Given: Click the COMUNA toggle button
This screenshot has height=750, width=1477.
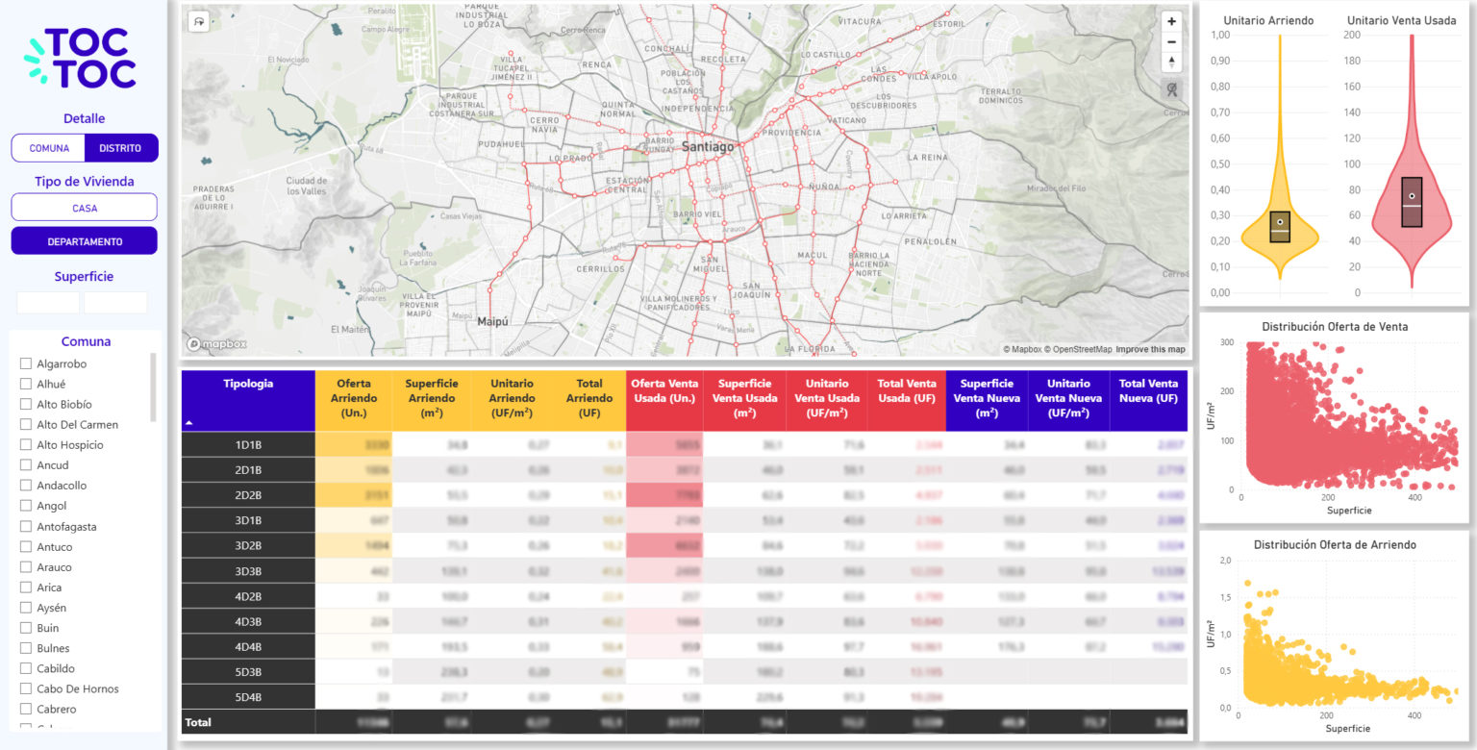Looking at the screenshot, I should coord(49,148).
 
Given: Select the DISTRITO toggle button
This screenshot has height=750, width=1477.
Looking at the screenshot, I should coord(120,148).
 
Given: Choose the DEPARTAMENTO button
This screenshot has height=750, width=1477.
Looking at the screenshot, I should coord(85,241).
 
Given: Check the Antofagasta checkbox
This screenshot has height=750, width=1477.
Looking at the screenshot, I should coord(26,527).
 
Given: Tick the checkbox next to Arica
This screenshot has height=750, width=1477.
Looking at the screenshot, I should coord(26,587).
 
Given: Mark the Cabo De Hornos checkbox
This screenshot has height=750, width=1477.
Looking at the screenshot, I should coord(26,688).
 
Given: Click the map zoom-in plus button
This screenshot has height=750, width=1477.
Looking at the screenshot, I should coord(1171,22).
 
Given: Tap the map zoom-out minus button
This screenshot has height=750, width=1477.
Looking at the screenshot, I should coord(1171,42).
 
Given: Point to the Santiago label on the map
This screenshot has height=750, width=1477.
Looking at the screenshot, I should coord(708,147).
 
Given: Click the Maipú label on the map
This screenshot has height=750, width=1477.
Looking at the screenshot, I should coord(492,322).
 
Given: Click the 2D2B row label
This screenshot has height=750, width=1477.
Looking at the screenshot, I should coord(248,495).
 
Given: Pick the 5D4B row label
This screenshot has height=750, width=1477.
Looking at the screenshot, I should coord(248,697).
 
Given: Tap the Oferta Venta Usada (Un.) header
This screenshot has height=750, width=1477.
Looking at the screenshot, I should coord(664,397).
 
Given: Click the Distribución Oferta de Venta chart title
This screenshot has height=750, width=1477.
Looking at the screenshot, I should coord(1334,327).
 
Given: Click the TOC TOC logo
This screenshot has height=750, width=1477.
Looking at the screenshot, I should coord(81,58).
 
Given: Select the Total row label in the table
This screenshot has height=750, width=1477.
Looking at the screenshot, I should coord(198,722).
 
